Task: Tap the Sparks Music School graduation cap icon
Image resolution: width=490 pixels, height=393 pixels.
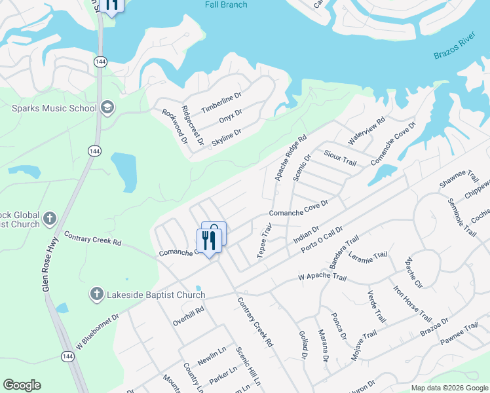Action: point(107,107)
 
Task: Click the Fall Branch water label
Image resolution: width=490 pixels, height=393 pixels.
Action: point(225,5)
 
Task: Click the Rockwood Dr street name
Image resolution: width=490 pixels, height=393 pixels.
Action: point(175,126)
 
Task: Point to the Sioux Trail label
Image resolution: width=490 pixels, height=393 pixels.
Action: point(340,157)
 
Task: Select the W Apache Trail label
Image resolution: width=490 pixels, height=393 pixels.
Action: point(322,278)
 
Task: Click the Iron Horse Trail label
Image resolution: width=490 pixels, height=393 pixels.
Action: point(412,303)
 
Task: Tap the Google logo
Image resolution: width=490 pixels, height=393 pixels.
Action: point(22,385)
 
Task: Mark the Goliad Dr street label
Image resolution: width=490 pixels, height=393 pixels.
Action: point(303,345)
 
